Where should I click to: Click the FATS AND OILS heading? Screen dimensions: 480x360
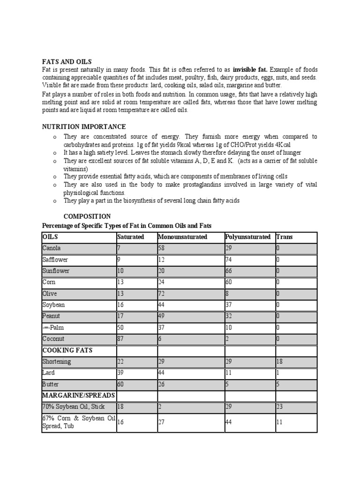[x=67, y=62]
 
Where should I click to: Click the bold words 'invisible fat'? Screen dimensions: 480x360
[x=250, y=69]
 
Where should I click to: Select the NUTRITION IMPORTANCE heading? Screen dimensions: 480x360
[x=84, y=127]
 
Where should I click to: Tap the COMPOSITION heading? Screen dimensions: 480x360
[x=87, y=217]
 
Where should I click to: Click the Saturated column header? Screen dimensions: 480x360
[x=131, y=237]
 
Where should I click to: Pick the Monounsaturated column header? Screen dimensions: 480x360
[x=183, y=237]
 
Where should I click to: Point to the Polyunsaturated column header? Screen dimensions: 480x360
[x=248, y=237]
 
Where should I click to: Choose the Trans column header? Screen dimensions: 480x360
[x=285, y=237]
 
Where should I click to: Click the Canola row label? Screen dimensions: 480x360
[x=52, y=248]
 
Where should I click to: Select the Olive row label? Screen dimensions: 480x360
[x=50, y=293]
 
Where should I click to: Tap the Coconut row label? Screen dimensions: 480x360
[x=53, y=338]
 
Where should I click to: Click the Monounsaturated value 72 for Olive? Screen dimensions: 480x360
[x=162, y=293]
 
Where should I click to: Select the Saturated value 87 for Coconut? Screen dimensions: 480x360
[x=121, y=338]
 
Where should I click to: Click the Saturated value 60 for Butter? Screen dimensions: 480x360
[x=121, y=384]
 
